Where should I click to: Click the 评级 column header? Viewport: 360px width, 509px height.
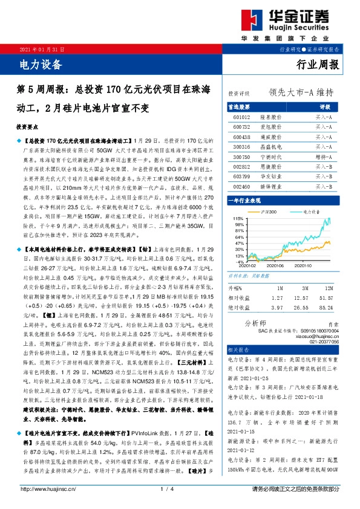pyautogui.click(x=324, y=105)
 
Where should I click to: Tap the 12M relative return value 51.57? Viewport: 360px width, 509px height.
pyautogui.click(x=326, y=298)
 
